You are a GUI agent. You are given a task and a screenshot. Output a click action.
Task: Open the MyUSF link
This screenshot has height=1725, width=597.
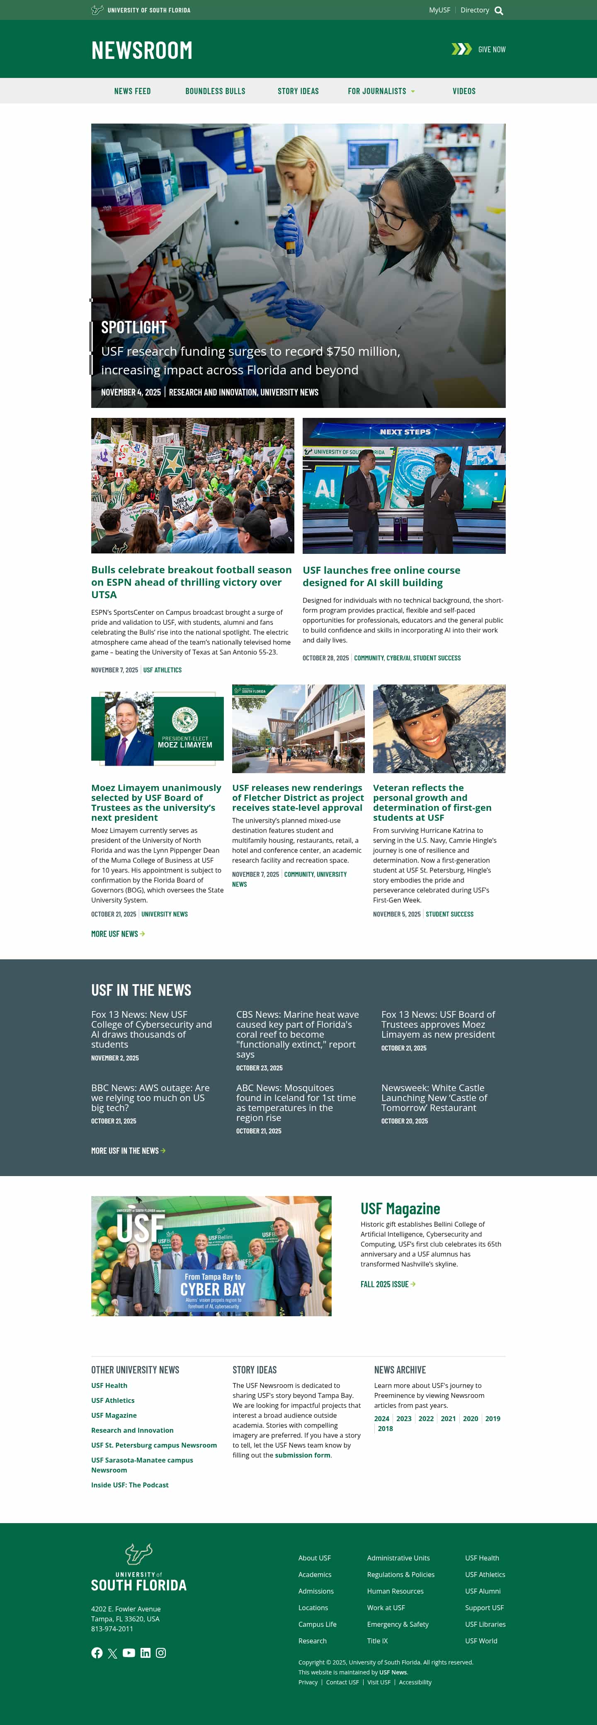439,10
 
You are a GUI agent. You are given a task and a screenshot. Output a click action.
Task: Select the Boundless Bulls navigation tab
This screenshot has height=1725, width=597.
215,91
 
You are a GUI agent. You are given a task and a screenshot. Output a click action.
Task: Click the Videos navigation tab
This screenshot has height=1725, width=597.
464,91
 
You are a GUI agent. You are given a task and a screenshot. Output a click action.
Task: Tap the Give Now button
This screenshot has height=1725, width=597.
491,50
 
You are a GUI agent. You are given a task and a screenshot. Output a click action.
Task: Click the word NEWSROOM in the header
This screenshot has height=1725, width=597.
141,50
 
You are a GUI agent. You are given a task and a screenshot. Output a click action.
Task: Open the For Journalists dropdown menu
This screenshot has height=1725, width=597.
381,91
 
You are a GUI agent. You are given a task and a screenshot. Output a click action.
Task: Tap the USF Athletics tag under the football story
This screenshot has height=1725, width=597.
162,670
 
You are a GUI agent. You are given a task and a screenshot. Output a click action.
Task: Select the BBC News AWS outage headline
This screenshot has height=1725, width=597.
150,1097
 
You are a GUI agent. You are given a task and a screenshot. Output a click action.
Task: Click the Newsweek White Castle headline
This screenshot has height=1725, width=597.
434,1097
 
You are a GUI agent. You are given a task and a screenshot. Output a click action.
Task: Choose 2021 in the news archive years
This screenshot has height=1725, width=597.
448,1418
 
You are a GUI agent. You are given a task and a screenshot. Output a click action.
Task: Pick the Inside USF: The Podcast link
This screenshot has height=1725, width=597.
129,1485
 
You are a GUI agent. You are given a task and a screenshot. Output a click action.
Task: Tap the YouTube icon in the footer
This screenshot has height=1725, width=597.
129,1653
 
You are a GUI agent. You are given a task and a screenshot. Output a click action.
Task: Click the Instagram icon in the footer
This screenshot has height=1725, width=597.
161,1653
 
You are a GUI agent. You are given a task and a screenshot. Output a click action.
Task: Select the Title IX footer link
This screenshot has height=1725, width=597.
377,1640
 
